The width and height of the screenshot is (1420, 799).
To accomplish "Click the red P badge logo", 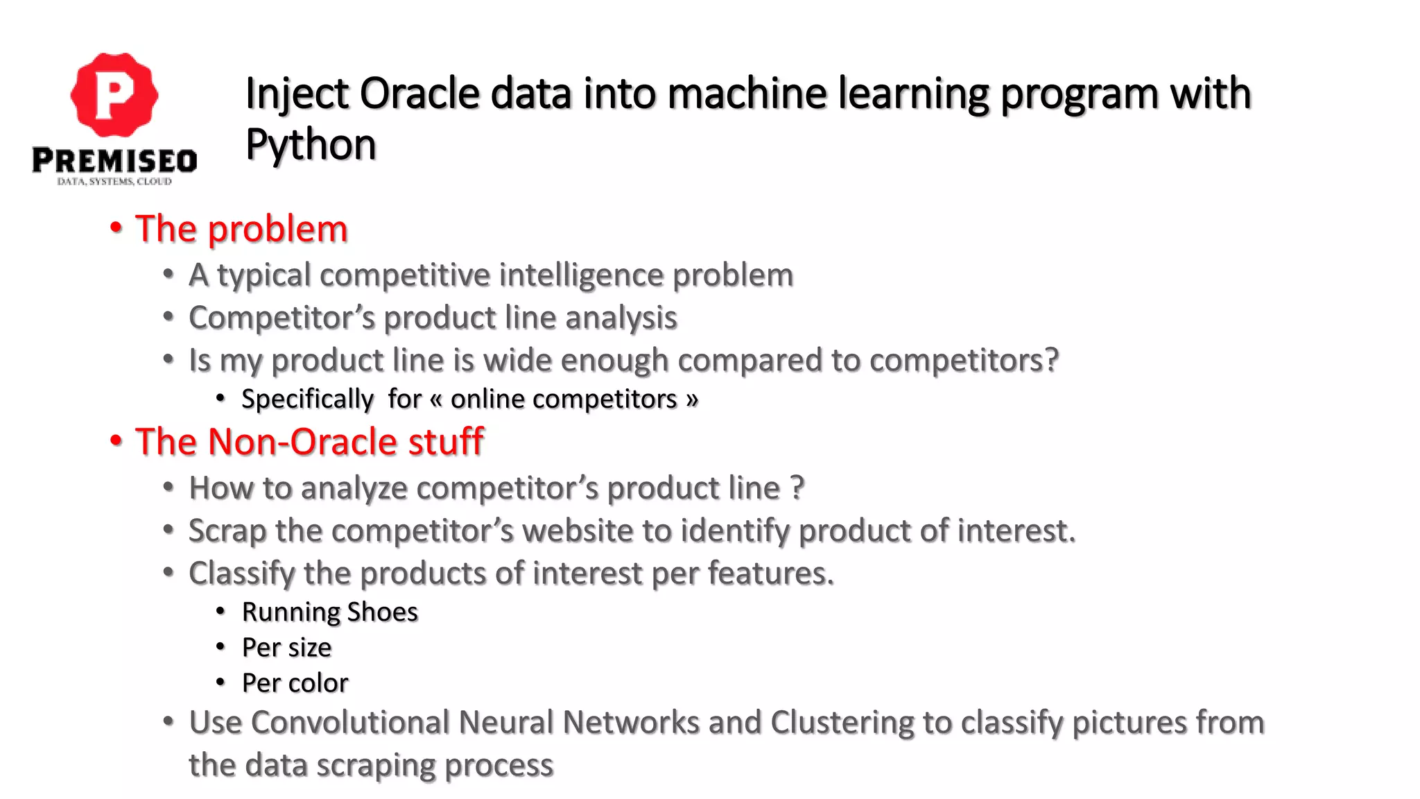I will [x=114, y=94].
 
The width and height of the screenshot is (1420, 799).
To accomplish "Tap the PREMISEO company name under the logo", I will [x=114, y=161].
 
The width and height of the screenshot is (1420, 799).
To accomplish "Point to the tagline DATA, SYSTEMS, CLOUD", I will [x=114, y=182].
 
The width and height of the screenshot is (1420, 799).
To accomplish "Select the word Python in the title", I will [x=311, y=144].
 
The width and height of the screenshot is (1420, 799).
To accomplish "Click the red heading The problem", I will [x=241, y=229].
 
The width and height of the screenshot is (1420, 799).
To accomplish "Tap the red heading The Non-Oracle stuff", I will [x=309, y=442].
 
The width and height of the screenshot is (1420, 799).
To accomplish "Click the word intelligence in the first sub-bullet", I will [x=581, y=275].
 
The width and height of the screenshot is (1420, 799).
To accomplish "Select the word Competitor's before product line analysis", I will [x=282, y=318].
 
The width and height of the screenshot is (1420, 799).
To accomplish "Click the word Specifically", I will [x=307, y=399].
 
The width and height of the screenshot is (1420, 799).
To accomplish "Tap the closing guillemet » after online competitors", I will [x=691, y=399].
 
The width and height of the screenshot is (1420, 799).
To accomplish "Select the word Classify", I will [x=241, y=574].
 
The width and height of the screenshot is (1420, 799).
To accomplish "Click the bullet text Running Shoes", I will [x=329, y=612].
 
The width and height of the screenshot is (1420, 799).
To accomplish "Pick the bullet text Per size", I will [x=286, y=647].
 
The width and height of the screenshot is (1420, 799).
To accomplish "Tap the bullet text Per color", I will [x=295, y=683].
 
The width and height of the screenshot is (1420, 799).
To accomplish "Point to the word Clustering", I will [x=842, y=723].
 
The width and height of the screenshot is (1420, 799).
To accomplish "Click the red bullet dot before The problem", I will [x=116, y=227].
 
